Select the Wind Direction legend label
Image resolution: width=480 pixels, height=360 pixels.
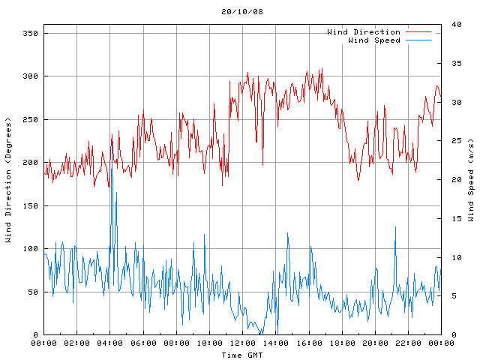(x=364, y=32)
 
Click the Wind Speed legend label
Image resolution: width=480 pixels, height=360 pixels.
(x=374, y=40)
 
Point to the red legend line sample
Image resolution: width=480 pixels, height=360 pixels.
(x=419, y=32)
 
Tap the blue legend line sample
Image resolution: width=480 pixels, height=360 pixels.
(x=419, y=40)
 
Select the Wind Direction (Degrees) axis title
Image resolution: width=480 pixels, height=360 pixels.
(x=8, y=180)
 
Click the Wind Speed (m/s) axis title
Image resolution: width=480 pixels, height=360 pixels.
(x=471, y=180)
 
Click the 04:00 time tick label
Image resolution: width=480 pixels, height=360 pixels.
(x=110, y=343)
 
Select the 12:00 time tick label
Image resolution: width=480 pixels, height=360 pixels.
(x=242, y=343)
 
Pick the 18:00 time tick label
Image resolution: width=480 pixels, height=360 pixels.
(x=342, y=343)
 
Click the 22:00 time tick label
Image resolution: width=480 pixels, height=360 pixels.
(x=408, y=343)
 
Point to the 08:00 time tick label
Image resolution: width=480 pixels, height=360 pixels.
(x=176, y=343)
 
